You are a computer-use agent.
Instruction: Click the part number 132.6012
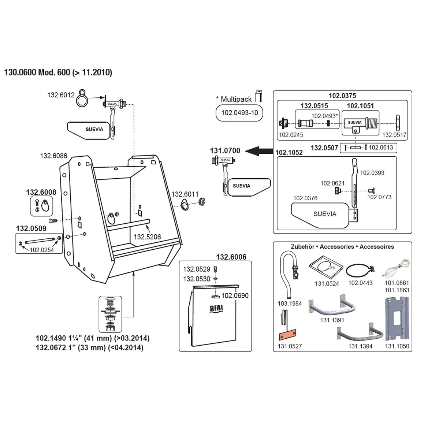(x=60, y=95)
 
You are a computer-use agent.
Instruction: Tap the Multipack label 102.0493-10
(x=239, y=113)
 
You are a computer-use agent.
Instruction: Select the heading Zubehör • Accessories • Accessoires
(x=342, y=247)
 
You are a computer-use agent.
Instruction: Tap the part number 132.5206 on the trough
(x=147, y=237)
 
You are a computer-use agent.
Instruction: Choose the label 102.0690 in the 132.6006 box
(x=235, y=295)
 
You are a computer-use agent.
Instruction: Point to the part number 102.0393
(x=372, y=173)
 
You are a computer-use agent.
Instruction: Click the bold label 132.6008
(x=41, y=192)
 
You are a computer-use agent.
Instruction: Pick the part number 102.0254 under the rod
(x=42, y=250)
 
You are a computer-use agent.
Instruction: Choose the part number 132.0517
(x=394, y=135)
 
